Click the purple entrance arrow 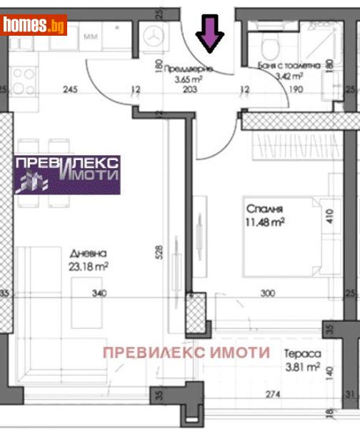point(210,34)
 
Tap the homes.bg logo point(34,25)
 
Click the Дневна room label point(89,254)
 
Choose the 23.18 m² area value point(89,267)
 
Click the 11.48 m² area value point(266,222)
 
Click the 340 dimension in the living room point(99,293)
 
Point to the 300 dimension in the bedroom point(267,293)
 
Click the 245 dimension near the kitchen point(70,89)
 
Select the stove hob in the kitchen point(24,80)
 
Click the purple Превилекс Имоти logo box point(67,174)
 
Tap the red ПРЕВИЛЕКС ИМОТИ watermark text point(186,352)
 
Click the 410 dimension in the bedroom point(331,216)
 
